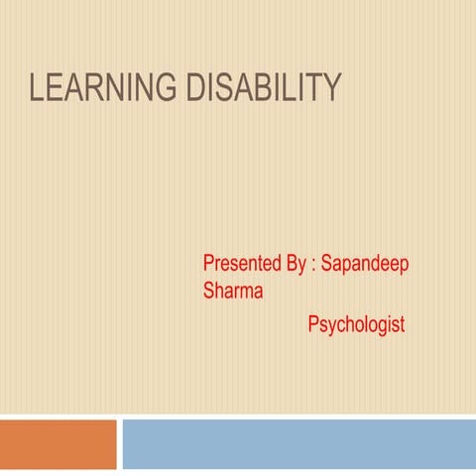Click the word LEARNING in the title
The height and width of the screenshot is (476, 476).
[x=92, y=90]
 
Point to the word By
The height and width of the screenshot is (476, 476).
[x=297, y=265]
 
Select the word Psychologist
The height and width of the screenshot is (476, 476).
[x=356, y=325]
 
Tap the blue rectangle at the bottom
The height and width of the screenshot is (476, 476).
[x=298, y=444]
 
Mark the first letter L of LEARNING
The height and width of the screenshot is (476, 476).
[x=37, y=90]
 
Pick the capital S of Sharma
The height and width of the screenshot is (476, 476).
[x=208, y=292]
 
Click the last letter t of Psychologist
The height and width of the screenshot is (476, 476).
[x=402, y=324]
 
